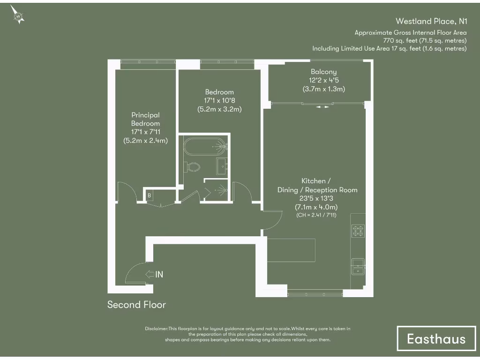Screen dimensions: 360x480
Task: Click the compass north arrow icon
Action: click(18, 15)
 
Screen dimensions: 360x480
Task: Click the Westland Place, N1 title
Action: click(431, 21)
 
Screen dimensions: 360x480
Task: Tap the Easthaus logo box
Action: click(436, 338)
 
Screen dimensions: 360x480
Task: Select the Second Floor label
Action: click(136, 305)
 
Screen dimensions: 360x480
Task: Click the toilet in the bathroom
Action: click(193, 166)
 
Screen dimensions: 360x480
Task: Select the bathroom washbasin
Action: click(222, 166)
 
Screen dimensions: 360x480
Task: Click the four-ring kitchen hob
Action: click(358, 231)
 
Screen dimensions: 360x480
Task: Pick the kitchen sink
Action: click(358, 266)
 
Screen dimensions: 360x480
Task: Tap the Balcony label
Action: click(323, 72)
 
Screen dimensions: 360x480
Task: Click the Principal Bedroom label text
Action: click(145, 119)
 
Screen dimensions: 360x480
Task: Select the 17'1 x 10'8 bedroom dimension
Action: click(219, 101)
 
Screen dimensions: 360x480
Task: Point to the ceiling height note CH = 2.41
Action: click(316, 215)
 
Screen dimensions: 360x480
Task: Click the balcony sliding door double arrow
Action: click(322, 107)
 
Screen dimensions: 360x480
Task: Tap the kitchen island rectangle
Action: click(291, 250)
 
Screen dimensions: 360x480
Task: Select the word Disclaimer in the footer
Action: click(156, 329)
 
